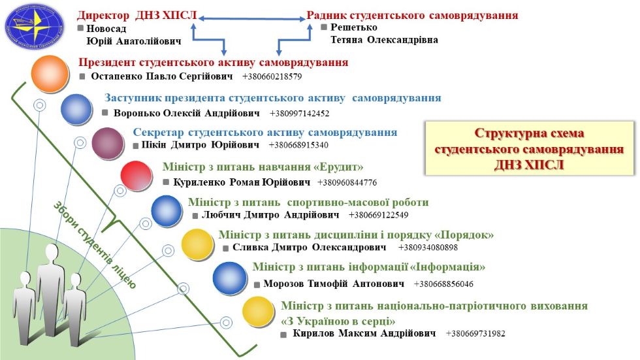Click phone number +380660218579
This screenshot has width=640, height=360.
[272, 77]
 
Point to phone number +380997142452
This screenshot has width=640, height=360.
[299, 113]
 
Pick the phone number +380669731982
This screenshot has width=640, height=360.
[475, 334]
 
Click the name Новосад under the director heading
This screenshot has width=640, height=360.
[106, 29]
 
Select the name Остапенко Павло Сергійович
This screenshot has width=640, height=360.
[161, 76]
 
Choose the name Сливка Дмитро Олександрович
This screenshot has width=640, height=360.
[310, 248]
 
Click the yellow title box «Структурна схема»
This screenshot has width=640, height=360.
[529, 148]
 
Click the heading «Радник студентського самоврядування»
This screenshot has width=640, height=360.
[413, 14]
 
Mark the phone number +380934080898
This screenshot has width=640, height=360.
[428, 248]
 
